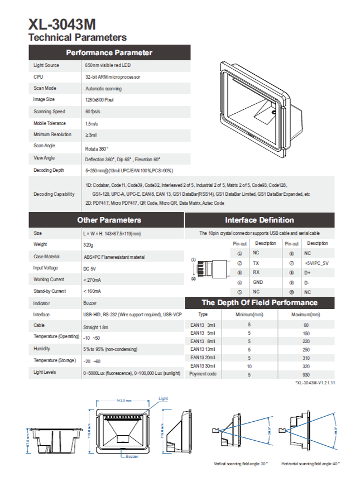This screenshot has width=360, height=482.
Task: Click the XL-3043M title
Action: (62, 25)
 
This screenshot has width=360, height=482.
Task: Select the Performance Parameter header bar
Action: (109, 53)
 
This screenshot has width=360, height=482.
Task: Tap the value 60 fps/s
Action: (92, 112)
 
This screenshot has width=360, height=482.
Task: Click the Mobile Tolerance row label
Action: (49, 123)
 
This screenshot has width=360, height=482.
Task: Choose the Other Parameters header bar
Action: (109, 220)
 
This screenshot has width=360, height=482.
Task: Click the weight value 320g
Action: (88, 245)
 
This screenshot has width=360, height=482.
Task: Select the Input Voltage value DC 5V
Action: (89, 268)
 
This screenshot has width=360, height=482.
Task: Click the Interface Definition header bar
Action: (259, 220)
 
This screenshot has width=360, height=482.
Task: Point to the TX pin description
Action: (256, 262)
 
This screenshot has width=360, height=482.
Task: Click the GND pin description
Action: (257, 282)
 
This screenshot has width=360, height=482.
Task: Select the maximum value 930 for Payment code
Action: (306, 375)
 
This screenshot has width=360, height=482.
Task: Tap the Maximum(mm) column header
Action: (306, 314)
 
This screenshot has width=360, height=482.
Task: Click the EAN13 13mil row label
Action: (203, 350)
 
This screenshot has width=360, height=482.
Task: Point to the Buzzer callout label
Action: (132, 456)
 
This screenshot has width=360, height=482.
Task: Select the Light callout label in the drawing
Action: (163, 398)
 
